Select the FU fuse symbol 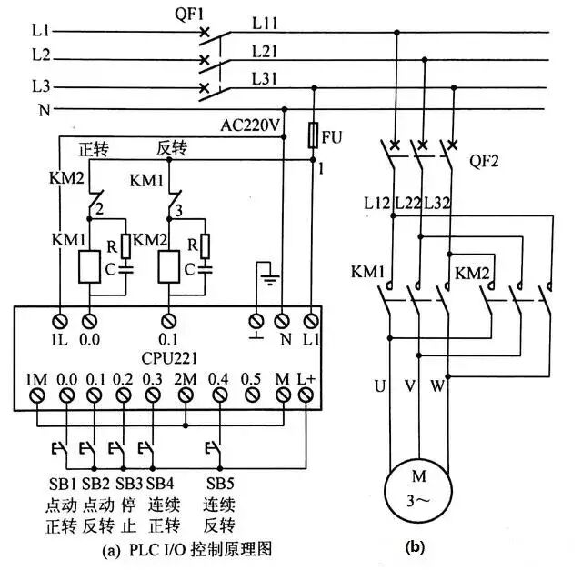(314, 137)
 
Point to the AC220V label (248, 124)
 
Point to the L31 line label (266, 80)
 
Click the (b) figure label (413, 547)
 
